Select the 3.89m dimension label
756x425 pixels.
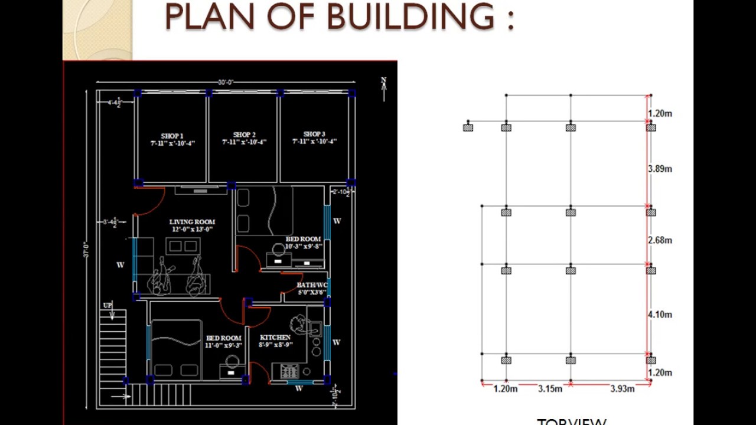tap(660, 169)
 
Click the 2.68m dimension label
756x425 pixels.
tap(660, 240)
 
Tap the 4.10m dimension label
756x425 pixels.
tap(660, 315)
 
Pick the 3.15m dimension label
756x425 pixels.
tap(550, 388)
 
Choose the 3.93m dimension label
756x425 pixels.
tap(623, 388)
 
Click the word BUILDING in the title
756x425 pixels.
tap(410, 17)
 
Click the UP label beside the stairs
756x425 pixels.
tap(107, 305)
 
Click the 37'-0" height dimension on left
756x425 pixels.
tap(86, 250)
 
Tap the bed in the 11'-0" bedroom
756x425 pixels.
tap(177, 351)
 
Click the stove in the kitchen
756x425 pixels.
tap(289, 371)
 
